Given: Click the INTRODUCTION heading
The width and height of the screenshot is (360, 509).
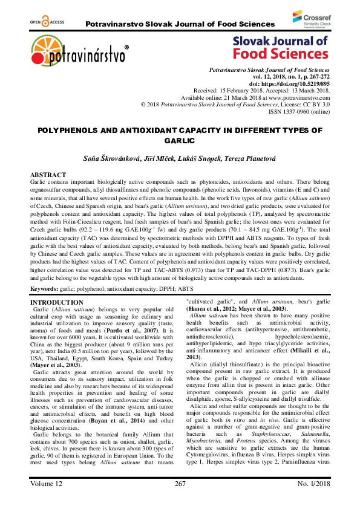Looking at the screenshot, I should click(57, 285).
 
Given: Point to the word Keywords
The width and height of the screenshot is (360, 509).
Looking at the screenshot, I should click(47, 273).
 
